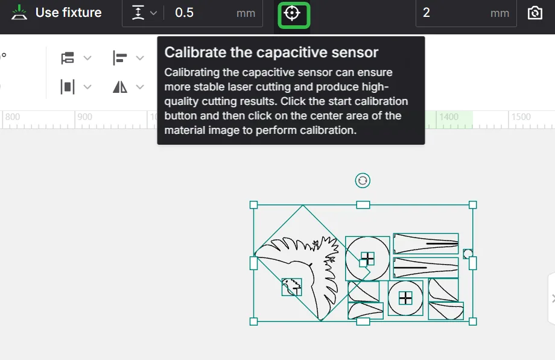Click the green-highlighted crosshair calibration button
point(293,14)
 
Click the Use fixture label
point(68,13)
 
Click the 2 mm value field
point(466,13)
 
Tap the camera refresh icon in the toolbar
point(535,13)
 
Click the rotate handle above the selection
point(363,180)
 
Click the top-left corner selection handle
point(253,204)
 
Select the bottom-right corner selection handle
point(472,321)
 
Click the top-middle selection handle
point(363,204)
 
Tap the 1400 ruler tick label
point(449,117)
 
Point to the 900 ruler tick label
point(84,117)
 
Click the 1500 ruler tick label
point(521,117)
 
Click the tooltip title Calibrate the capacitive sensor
point(271,52)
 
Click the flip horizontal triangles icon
point(120,87)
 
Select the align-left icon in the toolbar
point(119,58)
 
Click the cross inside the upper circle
point(367,259)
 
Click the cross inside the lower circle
point(405,298)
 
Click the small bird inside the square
point(291,286)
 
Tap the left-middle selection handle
point(253,264)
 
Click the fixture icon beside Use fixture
point(19,13)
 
